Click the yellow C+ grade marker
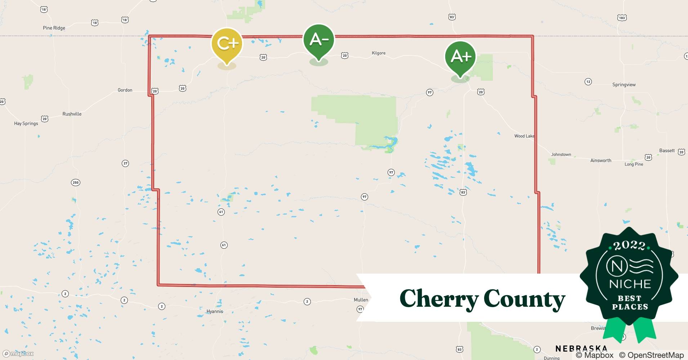pos(227,44)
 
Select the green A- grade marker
pos(319,40)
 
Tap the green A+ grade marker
pos(460,57)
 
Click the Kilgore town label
pos(379,53)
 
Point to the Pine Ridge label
pos(54,28)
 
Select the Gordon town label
pos(125,90)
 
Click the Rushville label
pos(72,114)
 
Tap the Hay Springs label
pos(26,123)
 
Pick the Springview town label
pos(624,85)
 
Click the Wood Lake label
pos(524,136)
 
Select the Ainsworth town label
pos(601,160)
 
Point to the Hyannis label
pos(215,311)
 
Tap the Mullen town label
pos(361,300)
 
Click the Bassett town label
pos(667,150)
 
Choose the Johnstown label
pos(561,154)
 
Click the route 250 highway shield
pos(75,183)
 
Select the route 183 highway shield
pos(622,18)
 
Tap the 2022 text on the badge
pos(629,246)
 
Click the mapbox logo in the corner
pos(18,354)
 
